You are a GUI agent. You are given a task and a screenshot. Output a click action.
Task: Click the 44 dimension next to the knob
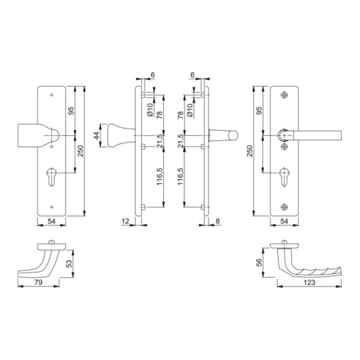pyautogui.click(x=96, y=135)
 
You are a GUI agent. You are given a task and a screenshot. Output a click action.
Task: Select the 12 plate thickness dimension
pyautogui.click(x=126, y=221)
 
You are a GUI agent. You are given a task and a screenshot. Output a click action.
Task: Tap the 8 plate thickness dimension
pyautogui.click(x=217, y=221)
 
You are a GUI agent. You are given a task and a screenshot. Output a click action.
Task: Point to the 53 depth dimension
pyautogui.click(x=70, y=264)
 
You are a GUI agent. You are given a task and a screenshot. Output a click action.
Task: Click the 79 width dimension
pyautogui.click(x=38, y=282)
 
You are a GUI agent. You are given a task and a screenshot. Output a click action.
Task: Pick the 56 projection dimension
pyautogui.click(x=259, y=262)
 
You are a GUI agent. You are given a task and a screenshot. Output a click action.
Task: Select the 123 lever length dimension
pyautogui.click(x=309, y=282)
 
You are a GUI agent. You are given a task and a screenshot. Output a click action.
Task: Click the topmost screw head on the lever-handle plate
pyautogui.click(x=284, y=95)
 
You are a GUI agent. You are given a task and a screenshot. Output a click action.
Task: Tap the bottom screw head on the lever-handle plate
pyautogui.click(x=284, y=207)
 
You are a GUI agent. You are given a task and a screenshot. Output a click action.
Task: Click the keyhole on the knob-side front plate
pyautogui.click(x=51, y=176)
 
